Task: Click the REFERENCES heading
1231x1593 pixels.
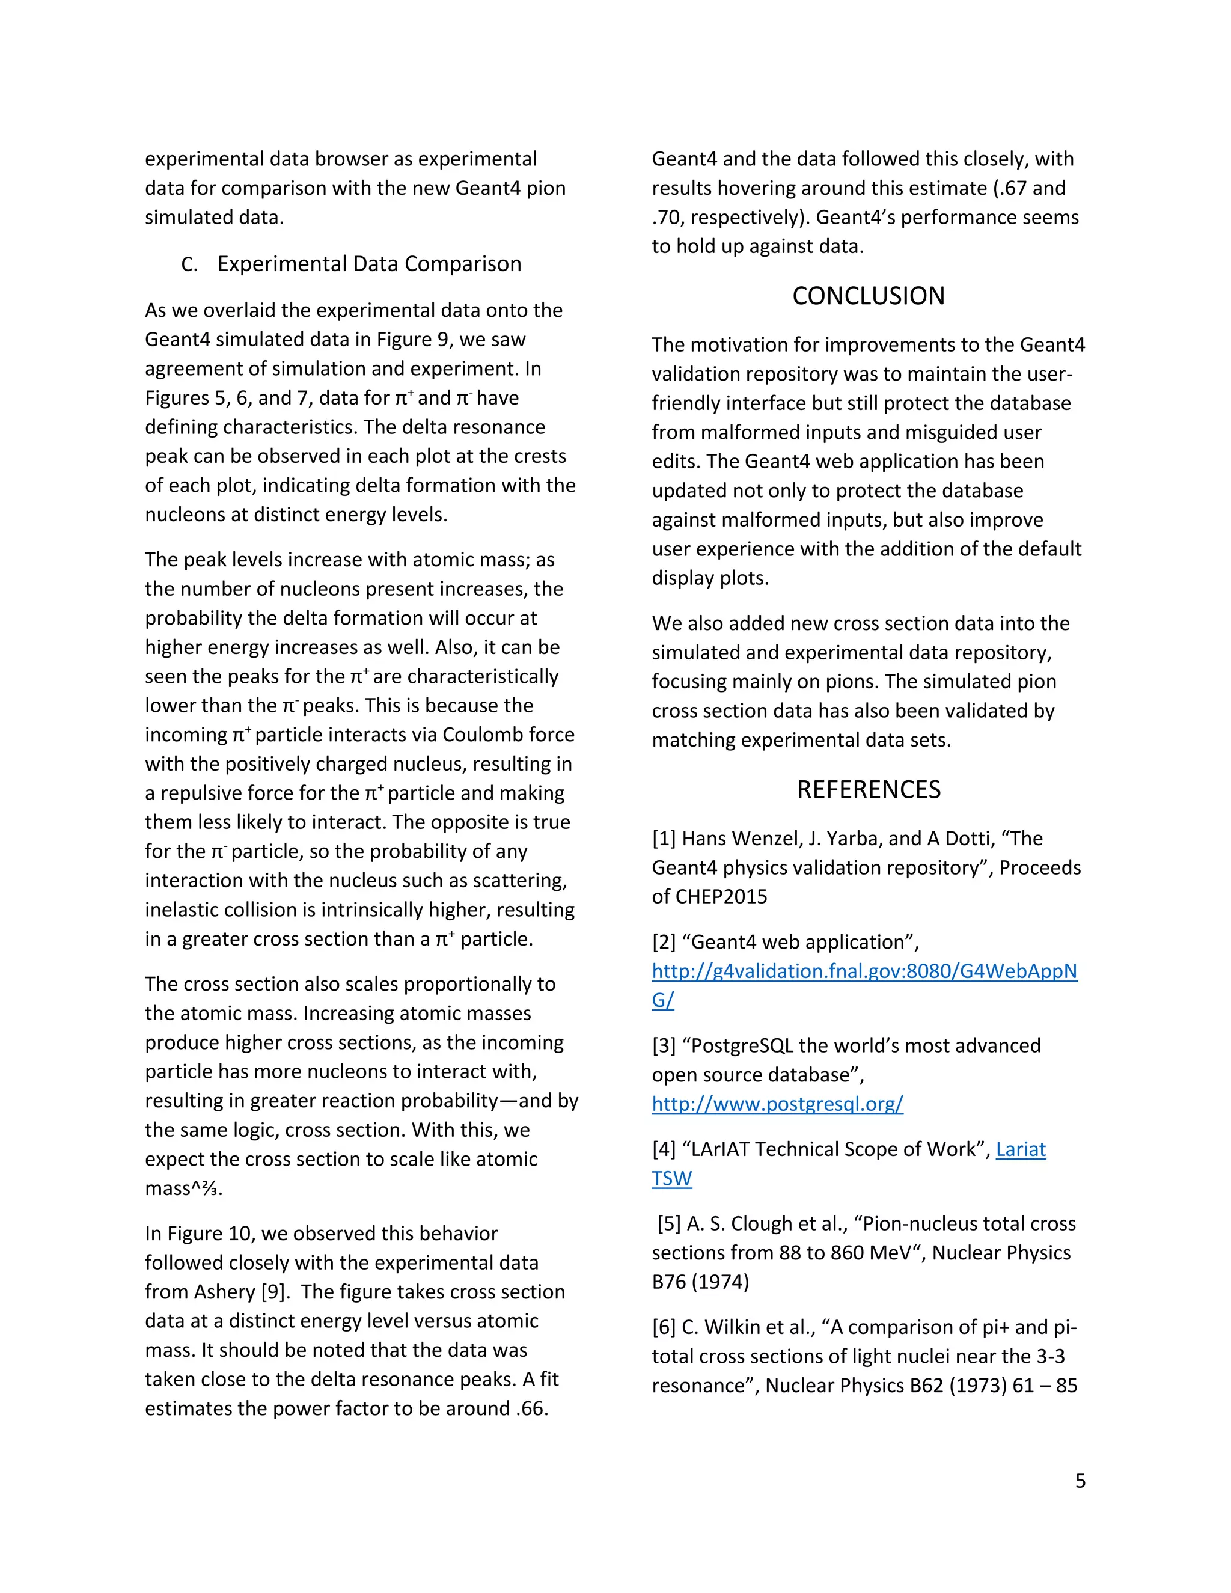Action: [868, 789]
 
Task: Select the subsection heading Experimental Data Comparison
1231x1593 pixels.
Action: [369, 263]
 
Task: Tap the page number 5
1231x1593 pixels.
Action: [1080, 1481]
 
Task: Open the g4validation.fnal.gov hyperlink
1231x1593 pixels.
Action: [864, 971]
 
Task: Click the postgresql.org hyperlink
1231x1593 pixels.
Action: [777, 1104]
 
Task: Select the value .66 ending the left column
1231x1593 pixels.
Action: [530, 1408]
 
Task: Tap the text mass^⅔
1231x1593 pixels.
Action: [183, 1188]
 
